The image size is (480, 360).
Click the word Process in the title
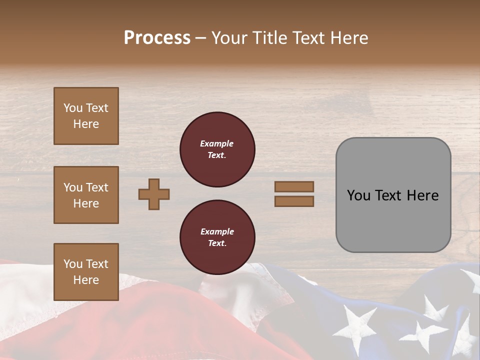157,38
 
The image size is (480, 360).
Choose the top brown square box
86,116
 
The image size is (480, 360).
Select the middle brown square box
86,195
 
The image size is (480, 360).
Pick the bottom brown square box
86,272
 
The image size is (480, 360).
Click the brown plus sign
154,194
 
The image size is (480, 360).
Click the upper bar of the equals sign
294,186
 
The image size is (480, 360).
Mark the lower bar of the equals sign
294,201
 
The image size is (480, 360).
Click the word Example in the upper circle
217,143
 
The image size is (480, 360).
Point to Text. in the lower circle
217,243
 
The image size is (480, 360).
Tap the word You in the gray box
358,195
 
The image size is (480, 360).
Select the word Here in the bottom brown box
86,280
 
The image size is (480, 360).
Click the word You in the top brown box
73,108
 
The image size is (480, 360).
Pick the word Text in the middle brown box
96,187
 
